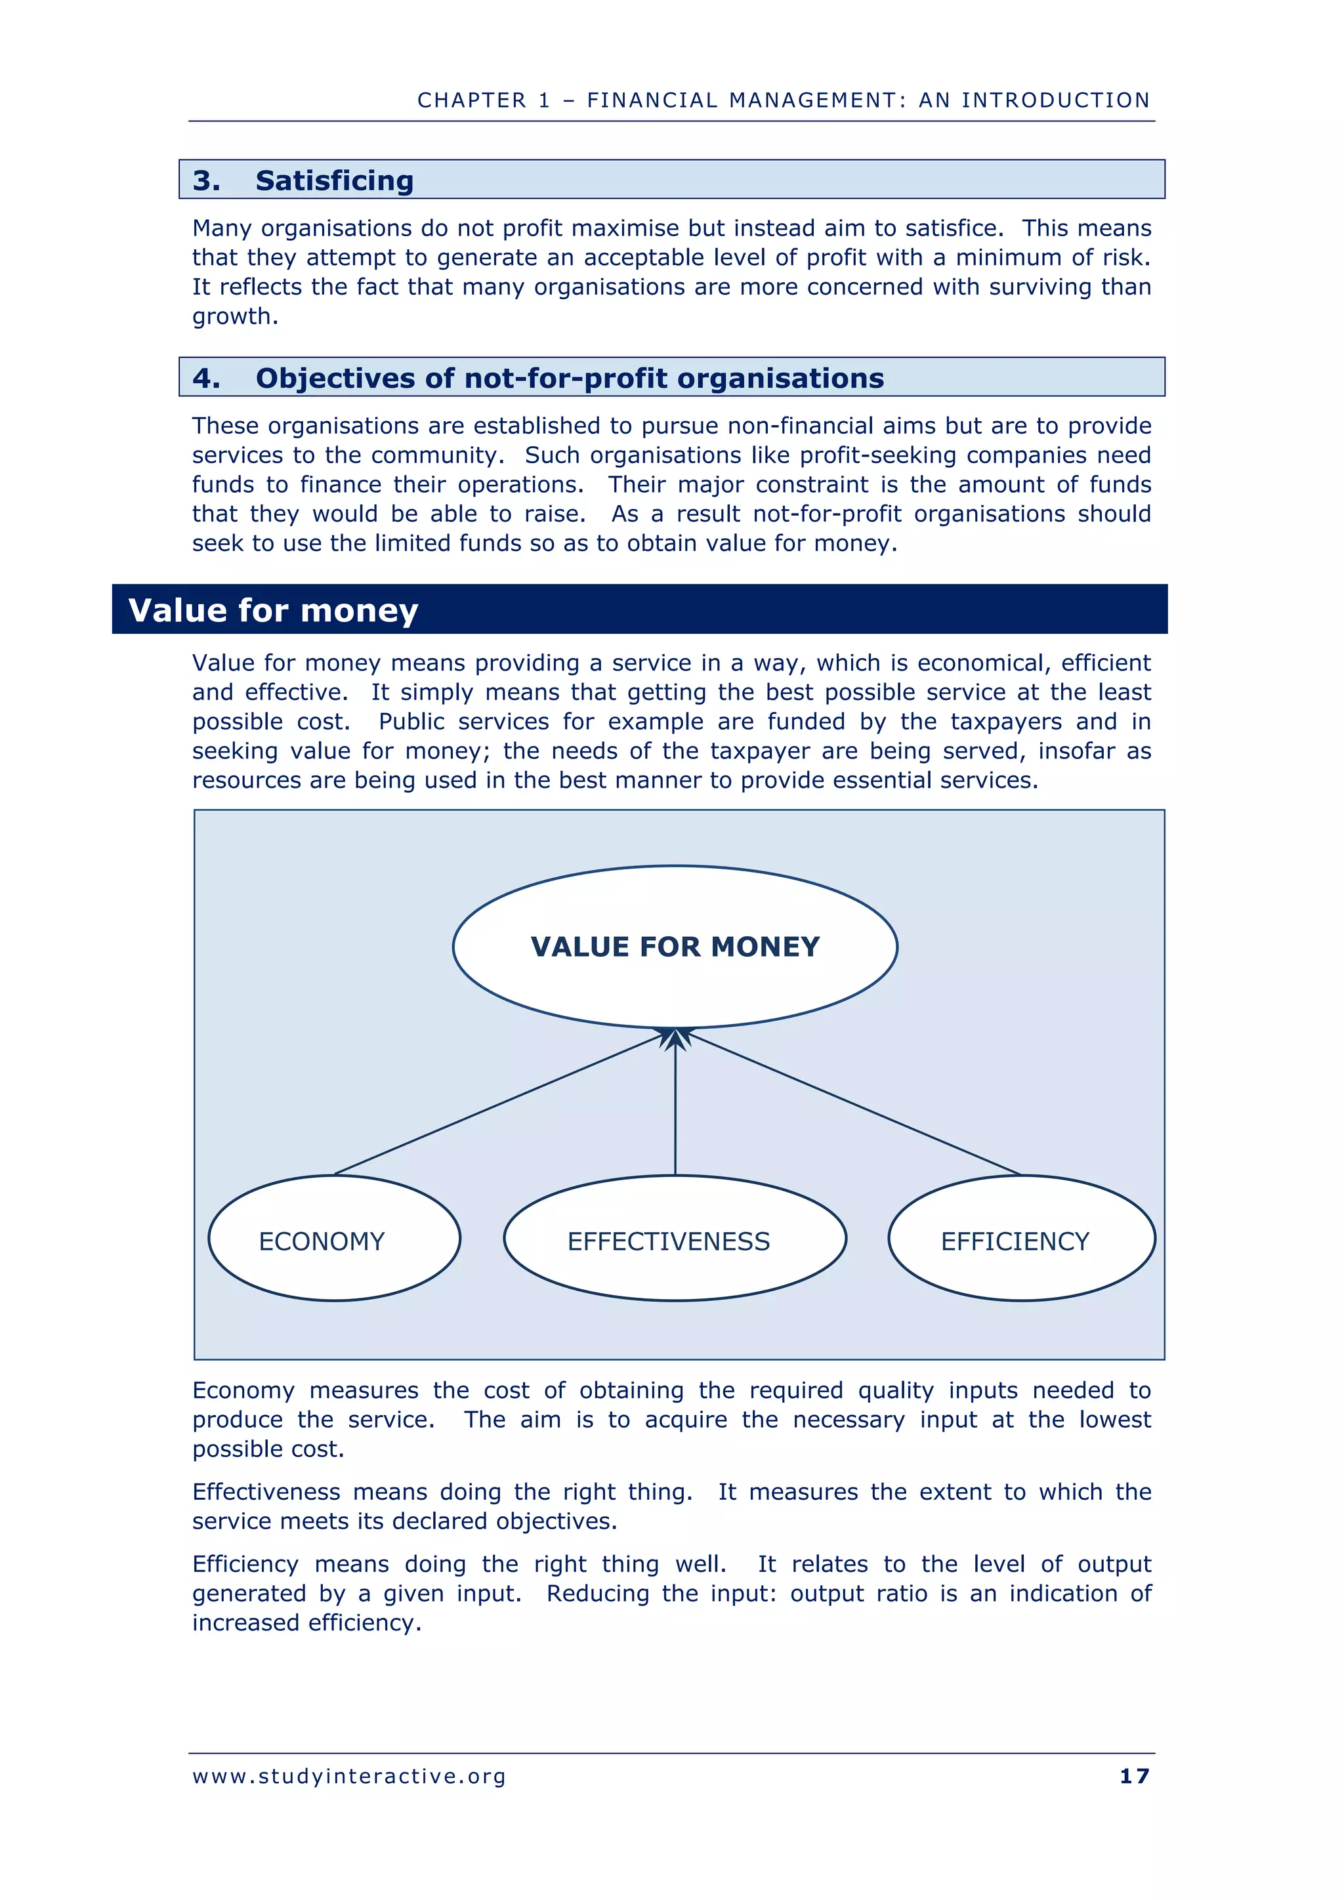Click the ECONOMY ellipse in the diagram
point(333,1239)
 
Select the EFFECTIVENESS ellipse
point(675,1239)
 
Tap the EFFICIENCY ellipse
point(1020,1239)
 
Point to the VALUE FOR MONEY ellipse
point(675,947)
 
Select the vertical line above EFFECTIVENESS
point(675,1109)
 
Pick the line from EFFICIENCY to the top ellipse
point(852,1103)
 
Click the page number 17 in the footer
point(1134,1777)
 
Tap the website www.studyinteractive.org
point(348,1777)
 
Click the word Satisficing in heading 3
point(334,180)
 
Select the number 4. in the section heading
point(206,378)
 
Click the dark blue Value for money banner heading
point(273,610)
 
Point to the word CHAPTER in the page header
point(472,100)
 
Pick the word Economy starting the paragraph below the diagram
point(243,1390)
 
